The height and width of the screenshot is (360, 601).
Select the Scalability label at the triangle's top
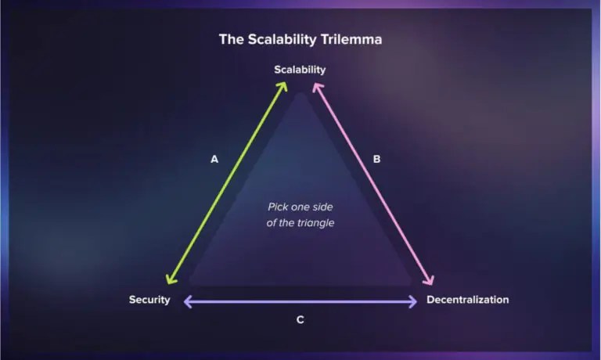300,70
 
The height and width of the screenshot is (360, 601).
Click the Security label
149,300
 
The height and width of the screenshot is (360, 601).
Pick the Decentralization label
467,300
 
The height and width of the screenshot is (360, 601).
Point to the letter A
214,159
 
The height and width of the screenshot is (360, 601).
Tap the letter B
376,159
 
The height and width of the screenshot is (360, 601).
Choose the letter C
300,319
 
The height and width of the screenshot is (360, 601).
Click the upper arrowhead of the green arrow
284,87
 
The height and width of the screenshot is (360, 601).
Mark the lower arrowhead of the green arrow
168,281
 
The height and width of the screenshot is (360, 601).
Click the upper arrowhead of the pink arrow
316,87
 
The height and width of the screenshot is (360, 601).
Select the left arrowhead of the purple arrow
186,301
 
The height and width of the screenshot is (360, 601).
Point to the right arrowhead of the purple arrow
414,301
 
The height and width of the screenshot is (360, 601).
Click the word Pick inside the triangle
279,207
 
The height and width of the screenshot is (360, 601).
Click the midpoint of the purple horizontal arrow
300,301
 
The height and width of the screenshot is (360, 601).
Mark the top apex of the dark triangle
300,94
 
